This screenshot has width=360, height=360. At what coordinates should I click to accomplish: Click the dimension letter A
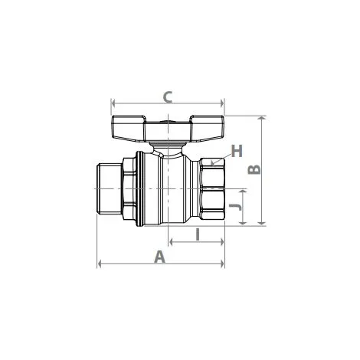(160, 257)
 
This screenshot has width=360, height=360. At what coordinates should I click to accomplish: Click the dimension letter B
(254, 170)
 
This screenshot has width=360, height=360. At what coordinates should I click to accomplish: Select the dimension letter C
(168, 97)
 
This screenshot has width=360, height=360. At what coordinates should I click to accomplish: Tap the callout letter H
(237, 151)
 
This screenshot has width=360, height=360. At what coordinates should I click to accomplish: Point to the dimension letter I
(198, 234)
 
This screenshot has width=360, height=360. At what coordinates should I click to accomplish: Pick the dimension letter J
(235, 207)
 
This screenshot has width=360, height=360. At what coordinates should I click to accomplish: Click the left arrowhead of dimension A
(100, 264)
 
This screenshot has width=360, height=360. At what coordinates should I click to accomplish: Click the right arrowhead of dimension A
(222, 264)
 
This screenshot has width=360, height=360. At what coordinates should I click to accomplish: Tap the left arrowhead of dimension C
(114, 103)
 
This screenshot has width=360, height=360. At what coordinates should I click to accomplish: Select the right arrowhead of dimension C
(222, 103)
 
